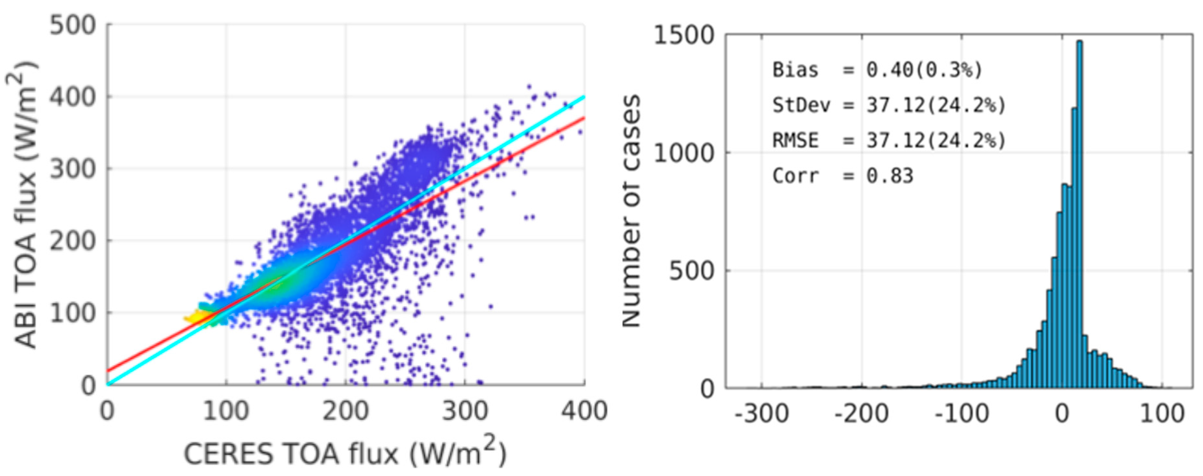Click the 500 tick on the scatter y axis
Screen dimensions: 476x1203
[73, 25]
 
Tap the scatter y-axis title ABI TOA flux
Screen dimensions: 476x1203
[23, 205]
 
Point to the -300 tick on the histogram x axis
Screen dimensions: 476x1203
[762, 413]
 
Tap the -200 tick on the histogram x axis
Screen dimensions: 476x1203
[862, 413]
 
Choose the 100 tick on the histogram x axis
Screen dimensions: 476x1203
[1162, 413]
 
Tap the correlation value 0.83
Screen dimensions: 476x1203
[890, 176]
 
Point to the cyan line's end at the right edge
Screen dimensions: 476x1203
[584, 97]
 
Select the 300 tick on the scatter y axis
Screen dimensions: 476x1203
[73, 169]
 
